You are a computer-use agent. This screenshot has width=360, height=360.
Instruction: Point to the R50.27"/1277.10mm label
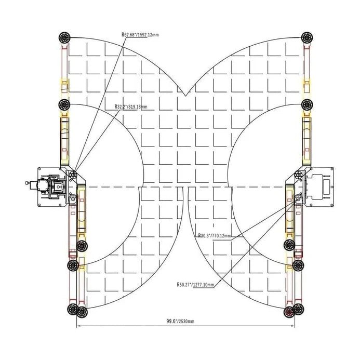(195, 285)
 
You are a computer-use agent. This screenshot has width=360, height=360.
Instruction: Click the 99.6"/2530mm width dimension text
(178, 322)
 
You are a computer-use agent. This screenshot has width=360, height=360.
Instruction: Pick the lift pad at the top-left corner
(65, 38)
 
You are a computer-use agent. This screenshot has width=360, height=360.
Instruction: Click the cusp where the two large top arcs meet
(185, 96)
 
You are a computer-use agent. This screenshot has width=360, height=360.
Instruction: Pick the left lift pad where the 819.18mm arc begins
(65, 104)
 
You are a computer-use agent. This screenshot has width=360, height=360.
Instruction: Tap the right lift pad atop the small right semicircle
(306, 104)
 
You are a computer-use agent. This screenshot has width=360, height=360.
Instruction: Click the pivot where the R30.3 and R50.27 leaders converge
(299, 196)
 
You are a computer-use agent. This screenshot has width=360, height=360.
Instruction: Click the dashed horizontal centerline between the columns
(185, 186)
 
